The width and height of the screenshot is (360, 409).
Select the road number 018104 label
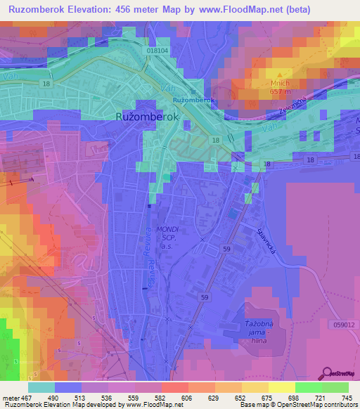158,51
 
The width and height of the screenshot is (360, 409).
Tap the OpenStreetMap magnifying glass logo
326,374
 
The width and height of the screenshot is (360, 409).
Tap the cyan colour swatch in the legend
41,387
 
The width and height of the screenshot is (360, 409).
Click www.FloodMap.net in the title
224,9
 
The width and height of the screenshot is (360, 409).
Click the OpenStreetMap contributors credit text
313,405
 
